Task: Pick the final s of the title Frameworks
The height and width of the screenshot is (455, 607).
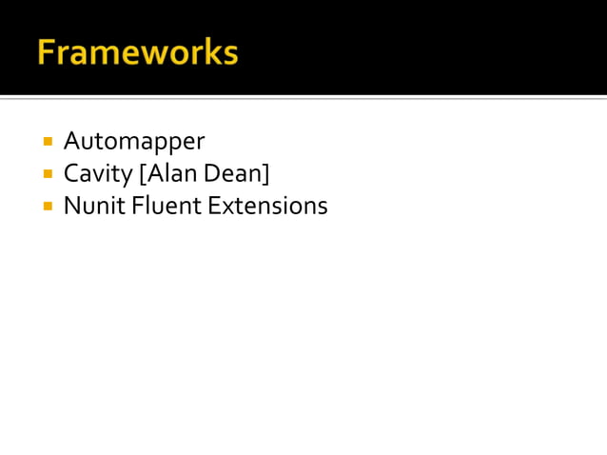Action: coord(229,54)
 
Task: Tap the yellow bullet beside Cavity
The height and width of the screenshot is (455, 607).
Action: coord(47,174)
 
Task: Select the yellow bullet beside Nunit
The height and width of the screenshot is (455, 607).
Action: coord(47,206)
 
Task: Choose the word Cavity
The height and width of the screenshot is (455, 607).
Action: coord(98,174)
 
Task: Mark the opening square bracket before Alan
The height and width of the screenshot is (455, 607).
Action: coord(143,174)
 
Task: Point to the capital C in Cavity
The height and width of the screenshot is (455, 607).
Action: coord(71,174)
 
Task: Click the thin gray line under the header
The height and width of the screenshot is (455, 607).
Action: coord(303,98)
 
